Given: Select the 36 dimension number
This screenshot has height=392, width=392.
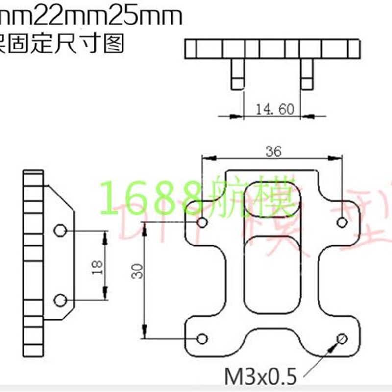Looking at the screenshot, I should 273,152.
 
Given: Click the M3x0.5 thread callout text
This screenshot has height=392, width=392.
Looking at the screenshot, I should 261,377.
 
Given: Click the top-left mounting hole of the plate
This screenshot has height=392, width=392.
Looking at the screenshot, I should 203,223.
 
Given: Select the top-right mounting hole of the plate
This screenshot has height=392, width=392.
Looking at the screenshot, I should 342,223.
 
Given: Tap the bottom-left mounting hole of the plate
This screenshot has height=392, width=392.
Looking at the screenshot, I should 202,338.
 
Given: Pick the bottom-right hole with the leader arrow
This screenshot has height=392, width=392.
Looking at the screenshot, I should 342,338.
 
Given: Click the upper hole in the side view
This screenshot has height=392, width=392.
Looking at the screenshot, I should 60,230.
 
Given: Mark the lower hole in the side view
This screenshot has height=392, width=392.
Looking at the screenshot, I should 60,299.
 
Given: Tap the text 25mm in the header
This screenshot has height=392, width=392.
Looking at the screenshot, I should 148,17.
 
